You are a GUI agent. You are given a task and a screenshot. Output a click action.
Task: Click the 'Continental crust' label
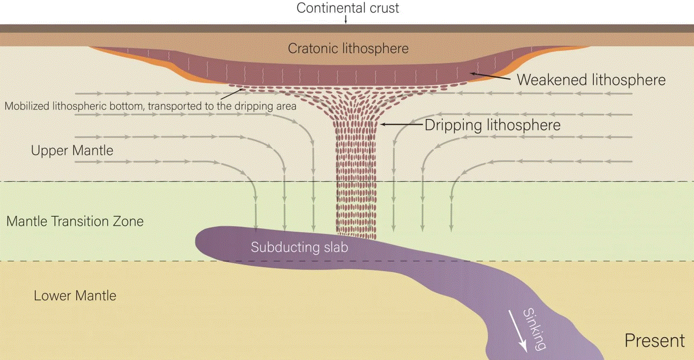(348, 8)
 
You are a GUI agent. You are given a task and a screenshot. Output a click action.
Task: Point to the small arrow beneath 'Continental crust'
(346, 20)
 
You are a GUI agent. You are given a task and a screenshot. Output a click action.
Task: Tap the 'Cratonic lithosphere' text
(348, 48)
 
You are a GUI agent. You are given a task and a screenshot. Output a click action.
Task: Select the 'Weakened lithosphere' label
(591, 80)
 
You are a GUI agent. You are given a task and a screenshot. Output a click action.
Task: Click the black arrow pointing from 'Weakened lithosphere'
(490, 76)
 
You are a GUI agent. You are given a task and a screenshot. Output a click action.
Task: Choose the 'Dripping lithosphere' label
(492, 125)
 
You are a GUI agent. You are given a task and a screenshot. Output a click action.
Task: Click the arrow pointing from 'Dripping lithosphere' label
(402, 124)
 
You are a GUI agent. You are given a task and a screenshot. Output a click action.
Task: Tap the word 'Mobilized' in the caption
(27, 106)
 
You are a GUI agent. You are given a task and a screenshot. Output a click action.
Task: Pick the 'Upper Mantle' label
(72, 151)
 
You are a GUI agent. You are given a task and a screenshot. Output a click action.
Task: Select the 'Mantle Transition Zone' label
(75, 222)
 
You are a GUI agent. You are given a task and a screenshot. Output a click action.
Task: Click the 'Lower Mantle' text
(75, 295)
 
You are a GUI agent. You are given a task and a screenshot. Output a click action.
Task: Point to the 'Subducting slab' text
(299, 247)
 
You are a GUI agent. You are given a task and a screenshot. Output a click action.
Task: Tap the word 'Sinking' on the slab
(534, 329)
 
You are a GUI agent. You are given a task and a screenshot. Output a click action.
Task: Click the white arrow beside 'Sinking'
(517, 332)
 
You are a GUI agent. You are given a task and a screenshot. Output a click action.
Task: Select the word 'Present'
(654, 341)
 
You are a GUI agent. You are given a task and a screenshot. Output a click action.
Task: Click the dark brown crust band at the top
(347, 28)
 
